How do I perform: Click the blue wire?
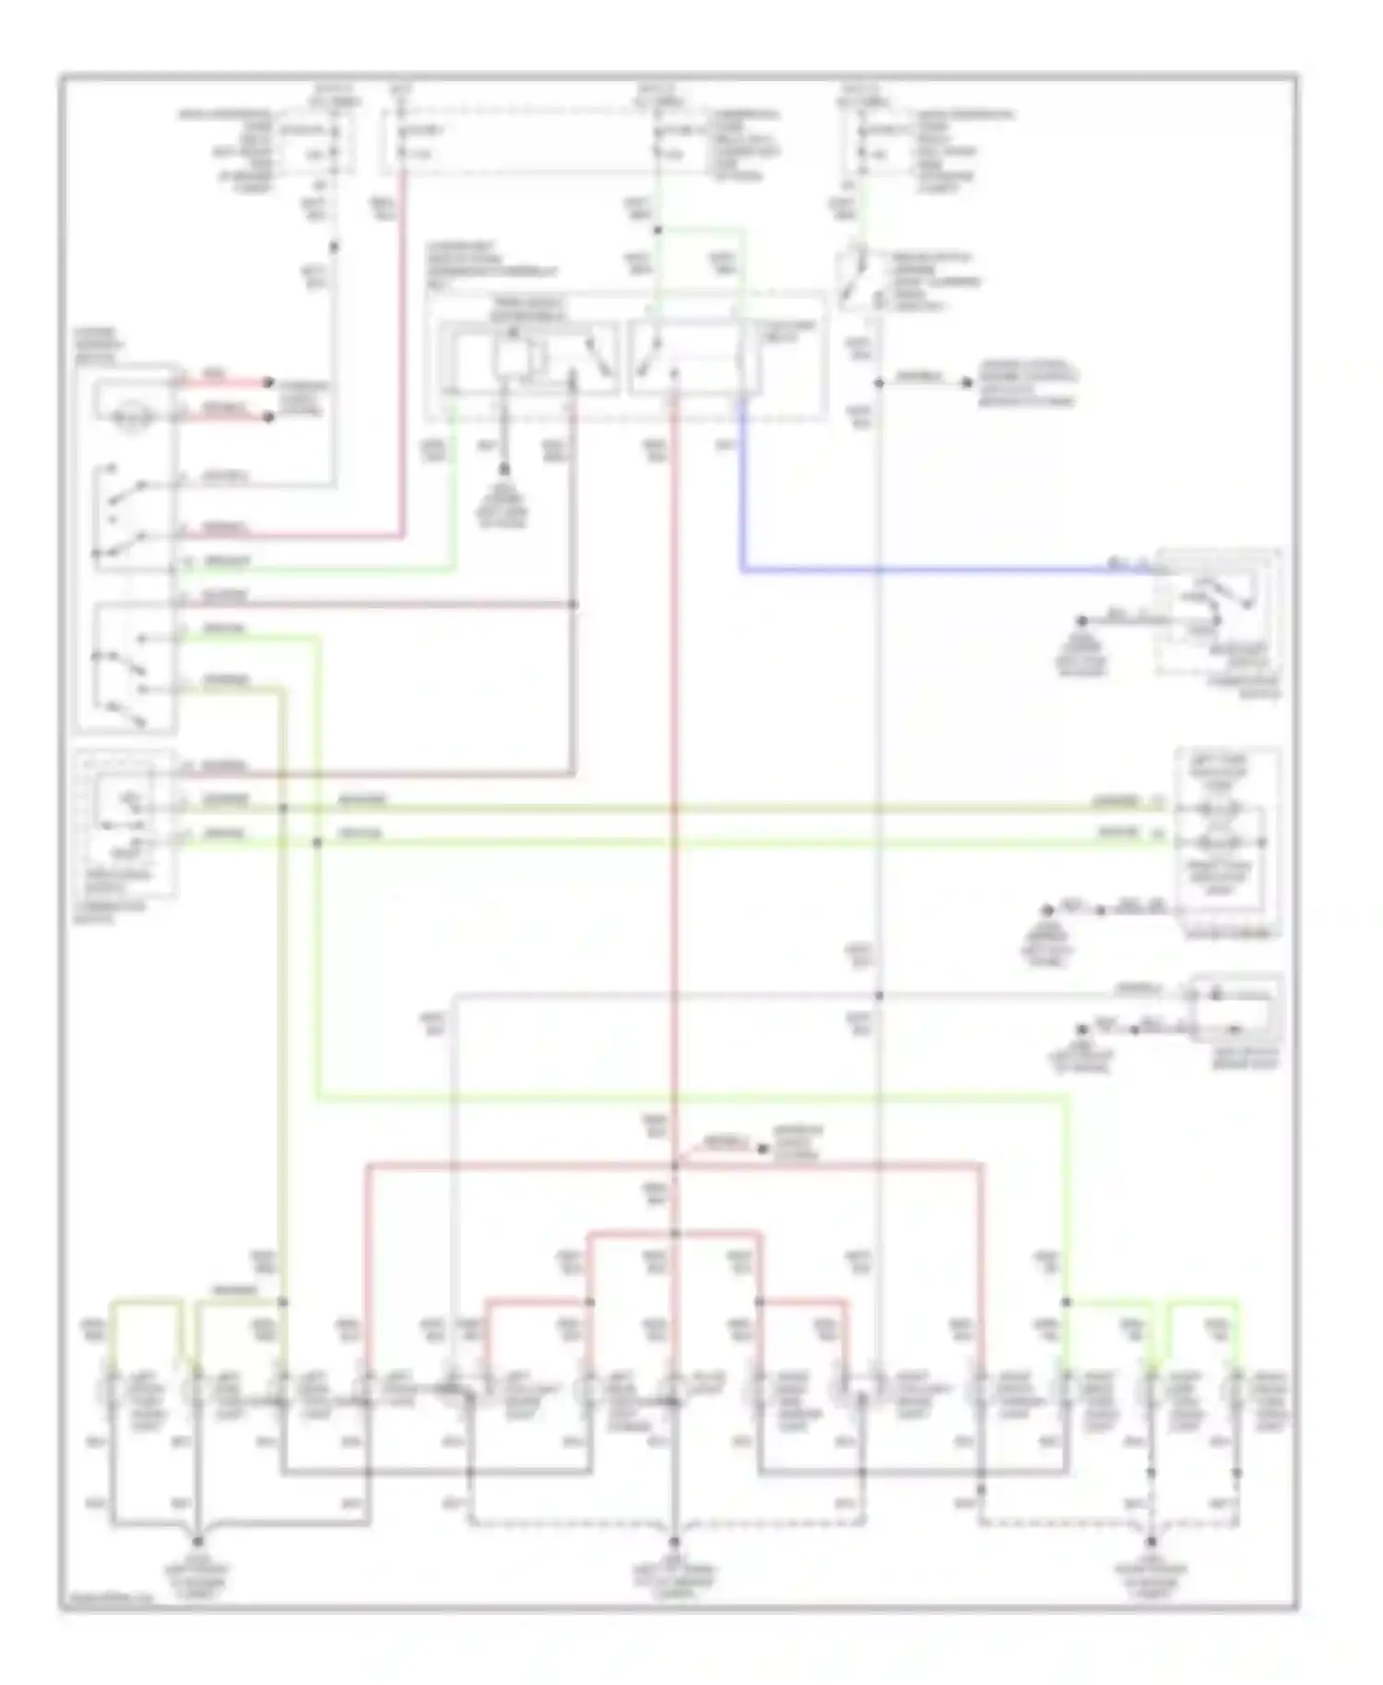(922, 570)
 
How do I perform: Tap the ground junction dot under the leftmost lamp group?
(197, 1540)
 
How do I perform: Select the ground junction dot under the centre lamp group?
(674, 1540)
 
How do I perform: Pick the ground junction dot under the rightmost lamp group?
(1151, 1540)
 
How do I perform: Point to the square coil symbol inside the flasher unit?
(509, 357)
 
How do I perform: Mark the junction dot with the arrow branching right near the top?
(879, 382)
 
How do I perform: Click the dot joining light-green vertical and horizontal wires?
(317, 842)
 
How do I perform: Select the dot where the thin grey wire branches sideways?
(879, 996)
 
